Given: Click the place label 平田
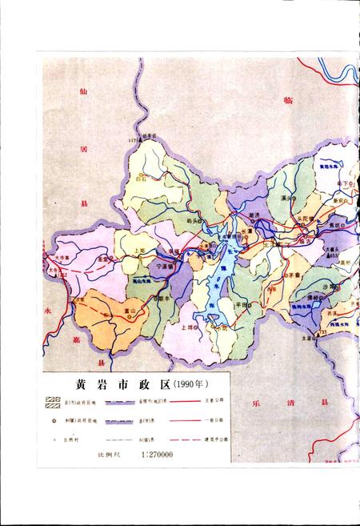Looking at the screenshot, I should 241,305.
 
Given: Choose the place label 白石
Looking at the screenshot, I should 142,182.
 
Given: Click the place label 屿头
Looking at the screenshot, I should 191,220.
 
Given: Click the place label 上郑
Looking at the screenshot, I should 140,250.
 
